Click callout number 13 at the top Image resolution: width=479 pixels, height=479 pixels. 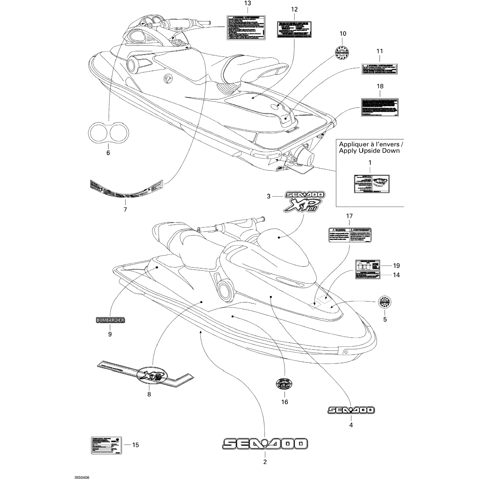247,4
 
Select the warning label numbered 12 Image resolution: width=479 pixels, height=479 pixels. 294,30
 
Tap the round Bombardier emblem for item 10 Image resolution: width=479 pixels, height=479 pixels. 342,52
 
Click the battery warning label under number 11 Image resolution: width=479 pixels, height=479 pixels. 380,69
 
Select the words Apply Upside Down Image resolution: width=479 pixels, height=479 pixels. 369,151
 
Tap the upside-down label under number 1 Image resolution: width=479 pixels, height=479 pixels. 371,184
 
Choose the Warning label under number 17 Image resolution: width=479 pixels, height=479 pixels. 350,235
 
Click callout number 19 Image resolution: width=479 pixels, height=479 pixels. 396,266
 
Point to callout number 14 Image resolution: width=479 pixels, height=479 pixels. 396,275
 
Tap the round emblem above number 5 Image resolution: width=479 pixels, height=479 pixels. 384,302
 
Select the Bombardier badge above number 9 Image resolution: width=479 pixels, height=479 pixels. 110,320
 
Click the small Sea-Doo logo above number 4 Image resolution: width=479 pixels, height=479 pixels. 351,410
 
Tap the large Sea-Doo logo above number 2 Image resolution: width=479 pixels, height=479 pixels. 265,444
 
